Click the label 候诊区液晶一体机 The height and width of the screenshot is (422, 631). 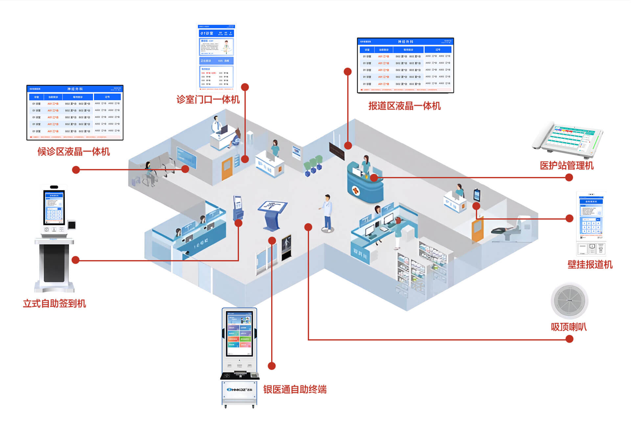73,152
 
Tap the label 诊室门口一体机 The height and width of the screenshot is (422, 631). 208,100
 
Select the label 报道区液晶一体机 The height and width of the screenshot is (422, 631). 404,106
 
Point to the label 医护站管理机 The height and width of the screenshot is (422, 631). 567,166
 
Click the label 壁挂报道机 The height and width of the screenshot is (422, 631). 590,265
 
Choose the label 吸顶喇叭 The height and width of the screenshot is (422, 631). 569,327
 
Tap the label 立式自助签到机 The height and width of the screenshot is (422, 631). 55,303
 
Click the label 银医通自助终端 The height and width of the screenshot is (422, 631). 295,389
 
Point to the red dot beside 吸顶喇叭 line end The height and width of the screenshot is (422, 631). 570,339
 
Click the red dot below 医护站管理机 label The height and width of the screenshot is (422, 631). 569,178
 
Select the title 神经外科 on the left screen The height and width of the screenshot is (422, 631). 75,89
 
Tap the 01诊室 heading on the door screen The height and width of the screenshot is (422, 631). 207,33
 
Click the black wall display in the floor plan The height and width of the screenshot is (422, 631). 337,151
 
